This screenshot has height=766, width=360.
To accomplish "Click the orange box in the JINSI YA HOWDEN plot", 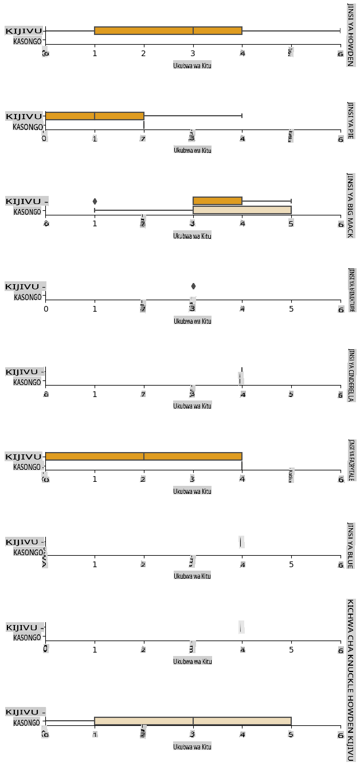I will pos(168,30).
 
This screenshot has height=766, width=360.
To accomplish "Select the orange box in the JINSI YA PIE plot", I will pos(95,116).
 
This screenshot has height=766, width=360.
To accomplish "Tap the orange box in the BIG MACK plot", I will pos(217,201).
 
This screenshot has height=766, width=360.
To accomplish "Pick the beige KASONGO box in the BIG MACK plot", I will pos(242,210).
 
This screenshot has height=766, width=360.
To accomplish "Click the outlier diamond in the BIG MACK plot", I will pos(95,201).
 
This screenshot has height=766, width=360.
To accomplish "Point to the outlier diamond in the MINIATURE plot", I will pos(193,286).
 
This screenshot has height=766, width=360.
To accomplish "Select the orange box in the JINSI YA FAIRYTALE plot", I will pos(143,456).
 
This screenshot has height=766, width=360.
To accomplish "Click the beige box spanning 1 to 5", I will pos(193,721).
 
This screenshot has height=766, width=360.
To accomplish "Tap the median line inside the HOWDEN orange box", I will pos(193,30).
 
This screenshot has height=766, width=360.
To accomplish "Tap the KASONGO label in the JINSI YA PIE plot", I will pos(27,127).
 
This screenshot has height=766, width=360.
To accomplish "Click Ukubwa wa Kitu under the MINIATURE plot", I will pos(193,321).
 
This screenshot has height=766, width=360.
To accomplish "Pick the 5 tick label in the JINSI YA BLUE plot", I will pos(291,564).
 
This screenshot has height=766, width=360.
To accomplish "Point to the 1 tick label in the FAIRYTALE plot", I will pos(95,479).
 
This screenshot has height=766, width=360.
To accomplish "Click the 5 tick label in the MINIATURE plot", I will pos(291,309).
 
